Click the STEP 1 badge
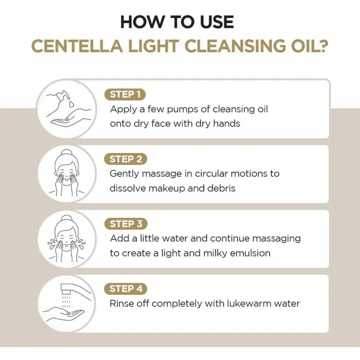pyautogui.click(x=125, y=94)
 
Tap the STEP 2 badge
pyautogui.click(x=126, y=159)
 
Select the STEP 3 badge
pyautogui.click(x=126, y=224)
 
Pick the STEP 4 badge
pyautogui.click(x=126, y=289)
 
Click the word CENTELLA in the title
pyautogui.click(x=77, y=46)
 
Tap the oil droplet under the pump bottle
pyautogui.click(x=72, y=103)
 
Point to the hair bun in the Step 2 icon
pyautogui.click(x=67, y=153)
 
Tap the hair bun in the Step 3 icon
pyautogui.click(x=67, y=218)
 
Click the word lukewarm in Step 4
pyautogui.click(x=249, y=303)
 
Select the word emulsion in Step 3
pyautogui.click(x=250, y=253)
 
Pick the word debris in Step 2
pyautogui.click(x=221, y=188)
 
